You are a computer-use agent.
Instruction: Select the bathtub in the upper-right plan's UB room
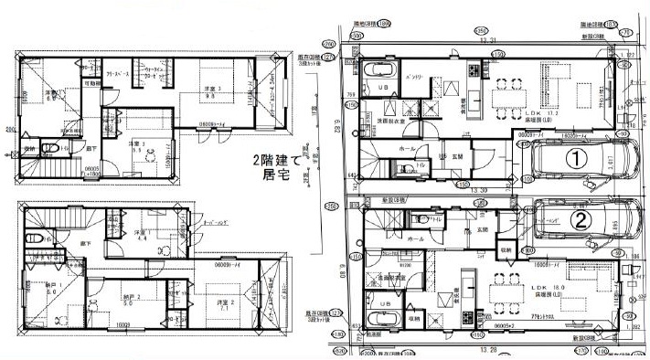tap(378, 71)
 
